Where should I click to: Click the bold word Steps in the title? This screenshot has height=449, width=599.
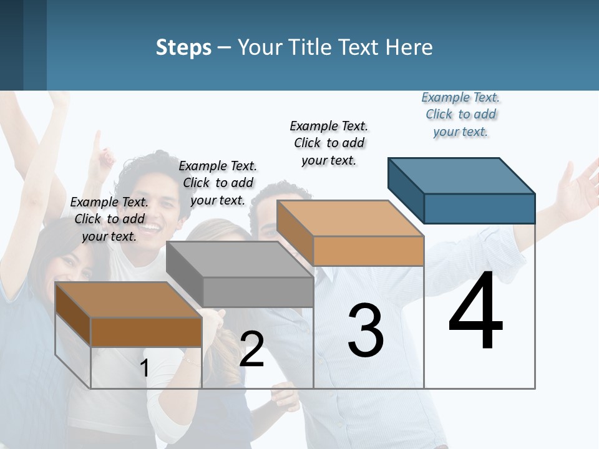click(x=183, y=47)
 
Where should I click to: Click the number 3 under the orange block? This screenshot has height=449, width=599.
click(x=366, y=331)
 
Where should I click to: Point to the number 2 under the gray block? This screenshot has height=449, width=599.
click(x=251, y=350)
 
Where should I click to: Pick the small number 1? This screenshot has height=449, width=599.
click(x=144, y=369)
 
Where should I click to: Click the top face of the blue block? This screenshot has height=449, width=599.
click(x=460, y=175)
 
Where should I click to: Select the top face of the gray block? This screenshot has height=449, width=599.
click(x=239, y=259)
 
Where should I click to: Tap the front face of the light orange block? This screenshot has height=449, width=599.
click(x=368, y=251)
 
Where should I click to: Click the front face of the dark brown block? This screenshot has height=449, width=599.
click(x=146, y=332)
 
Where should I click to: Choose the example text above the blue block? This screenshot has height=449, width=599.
click(x=460, y=115)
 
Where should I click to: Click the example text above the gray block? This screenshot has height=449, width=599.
click(x=218, y=183)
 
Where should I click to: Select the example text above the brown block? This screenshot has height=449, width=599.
click(x=109, y=219)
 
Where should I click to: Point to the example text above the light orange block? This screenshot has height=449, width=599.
click(x=329, y=143)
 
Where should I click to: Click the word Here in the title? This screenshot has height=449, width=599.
click(x=409, y=47)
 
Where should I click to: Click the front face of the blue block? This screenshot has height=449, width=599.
click(x=479, y=208)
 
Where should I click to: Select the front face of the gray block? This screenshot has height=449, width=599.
click(x=258, y=292)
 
